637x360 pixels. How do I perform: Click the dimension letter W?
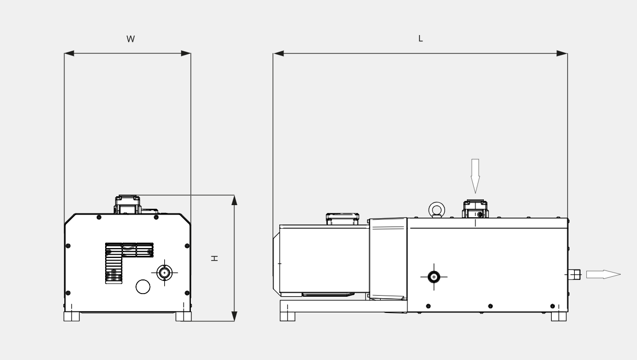pos(131,39)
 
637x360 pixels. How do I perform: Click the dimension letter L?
pos(420,38)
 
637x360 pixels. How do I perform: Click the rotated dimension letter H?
pos(214,258)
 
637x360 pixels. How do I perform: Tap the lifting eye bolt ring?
pos(437,203)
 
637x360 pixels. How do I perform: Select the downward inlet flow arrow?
pos(475,176)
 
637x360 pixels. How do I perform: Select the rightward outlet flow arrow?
pos(603,274)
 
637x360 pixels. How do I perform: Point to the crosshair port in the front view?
pos(164,273)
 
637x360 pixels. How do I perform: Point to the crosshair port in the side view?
pos(434,277)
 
